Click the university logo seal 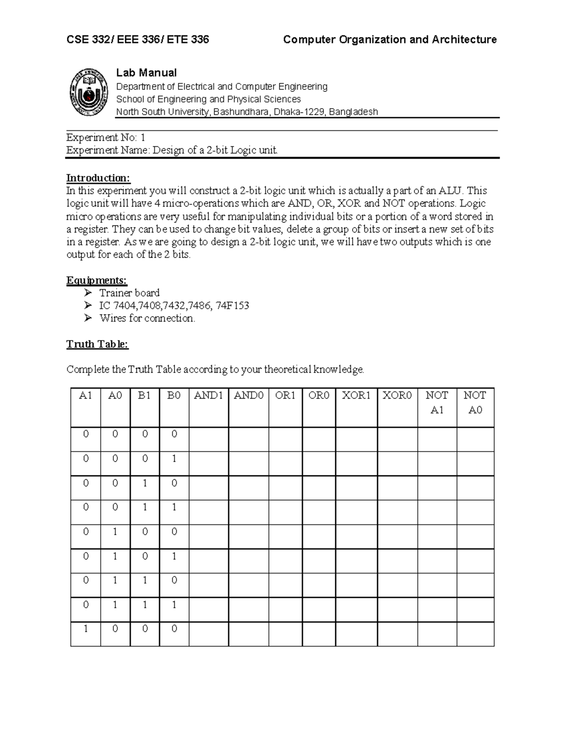tap(88, 93)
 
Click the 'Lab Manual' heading tap(146, 72)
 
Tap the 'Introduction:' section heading tap(98, 178)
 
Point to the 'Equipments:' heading tap(97, 281)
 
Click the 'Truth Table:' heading tap(97, 344)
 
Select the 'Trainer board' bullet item tap(129, 293)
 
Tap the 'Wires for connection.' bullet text tap(147, 318)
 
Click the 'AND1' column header tap(209, 395)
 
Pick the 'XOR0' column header tap(397, 395)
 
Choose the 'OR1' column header tap(285, 395)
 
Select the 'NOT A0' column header tap(475, 402)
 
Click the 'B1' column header tap(144, 395)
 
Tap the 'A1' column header tap(85, 395)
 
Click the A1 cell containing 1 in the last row tap(85, 628)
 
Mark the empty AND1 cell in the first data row tap(209, 439)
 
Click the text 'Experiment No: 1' tap(106, 137)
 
